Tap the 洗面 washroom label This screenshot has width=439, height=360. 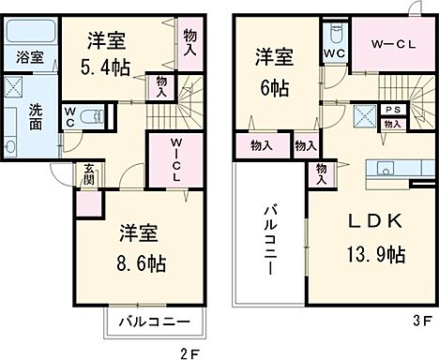[x=35, y=111]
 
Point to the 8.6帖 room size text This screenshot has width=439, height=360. [x=142, y=263]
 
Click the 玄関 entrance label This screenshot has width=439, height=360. [x=89, y=175]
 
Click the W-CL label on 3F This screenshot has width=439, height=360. [x=387, y=44]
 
